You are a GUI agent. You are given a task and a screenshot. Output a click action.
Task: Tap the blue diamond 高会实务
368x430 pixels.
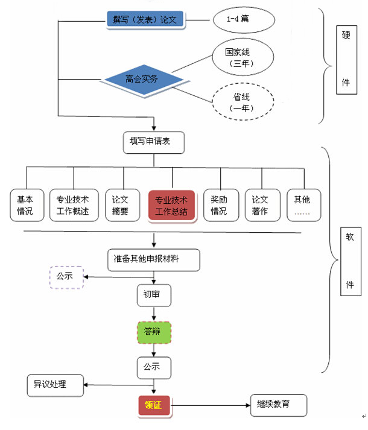pyautogui.click(x=142, y=79)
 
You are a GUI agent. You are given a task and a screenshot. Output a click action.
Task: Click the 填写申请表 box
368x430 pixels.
pyautogui.click(x=153, y=142)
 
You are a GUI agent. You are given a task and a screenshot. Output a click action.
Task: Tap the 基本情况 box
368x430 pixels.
pyautogui.click(x=25, y=205)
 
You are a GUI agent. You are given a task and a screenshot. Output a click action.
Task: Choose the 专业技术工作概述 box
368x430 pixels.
pyautogui.click(x=73, y=205)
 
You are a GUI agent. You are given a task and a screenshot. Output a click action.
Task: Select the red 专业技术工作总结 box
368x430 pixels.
pyautogui.click(x=171, y=206)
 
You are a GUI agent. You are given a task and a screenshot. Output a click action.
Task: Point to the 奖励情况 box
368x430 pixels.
pyautogui.click(x=219, y=205)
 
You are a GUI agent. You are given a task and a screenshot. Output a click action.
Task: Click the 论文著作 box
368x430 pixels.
pyautogui.click(x=260, y=205)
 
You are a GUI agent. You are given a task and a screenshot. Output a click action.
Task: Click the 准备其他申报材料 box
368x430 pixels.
pyautogui.click(x=154, y=259)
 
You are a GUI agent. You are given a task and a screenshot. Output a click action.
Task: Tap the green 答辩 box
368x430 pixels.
pyautogui.click(x=153, y=332)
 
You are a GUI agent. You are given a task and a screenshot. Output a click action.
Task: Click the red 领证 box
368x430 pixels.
pyautogui.click(x=154, y=406)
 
